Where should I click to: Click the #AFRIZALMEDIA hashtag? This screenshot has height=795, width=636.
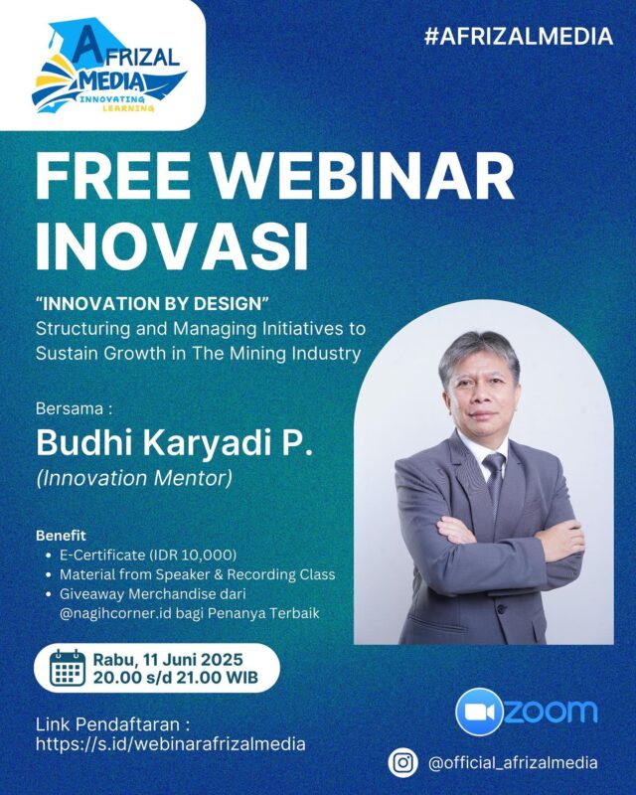click(x=519, y=37)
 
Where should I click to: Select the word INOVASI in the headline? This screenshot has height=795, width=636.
click(x=172, y=245)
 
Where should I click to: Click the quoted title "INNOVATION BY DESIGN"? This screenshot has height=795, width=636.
click(x=152, y=304)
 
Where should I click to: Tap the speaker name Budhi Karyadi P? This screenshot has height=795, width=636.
click(x=175, y=443)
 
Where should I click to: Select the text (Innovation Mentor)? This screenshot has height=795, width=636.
click(x=134, y=478)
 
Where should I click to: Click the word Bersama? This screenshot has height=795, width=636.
click(x=70, y=408)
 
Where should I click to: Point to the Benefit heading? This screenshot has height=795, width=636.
click(x=61, y=536)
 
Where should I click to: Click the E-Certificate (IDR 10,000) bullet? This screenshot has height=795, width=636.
click(x=148, y=556)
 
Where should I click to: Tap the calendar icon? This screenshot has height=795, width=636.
click(x=68, y=668)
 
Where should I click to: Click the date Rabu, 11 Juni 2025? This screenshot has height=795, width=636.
click(x=168, y=660)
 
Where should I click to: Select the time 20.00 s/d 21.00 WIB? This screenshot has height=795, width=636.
click(x=176, y=678)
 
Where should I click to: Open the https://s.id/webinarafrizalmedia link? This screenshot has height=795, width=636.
click(x=170, y=743)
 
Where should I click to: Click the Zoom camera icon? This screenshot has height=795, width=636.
click(x=479, y=712)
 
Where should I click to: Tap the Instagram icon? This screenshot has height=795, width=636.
click(x=403, y=762)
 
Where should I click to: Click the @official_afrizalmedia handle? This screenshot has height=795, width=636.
click(x=513, y=763)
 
